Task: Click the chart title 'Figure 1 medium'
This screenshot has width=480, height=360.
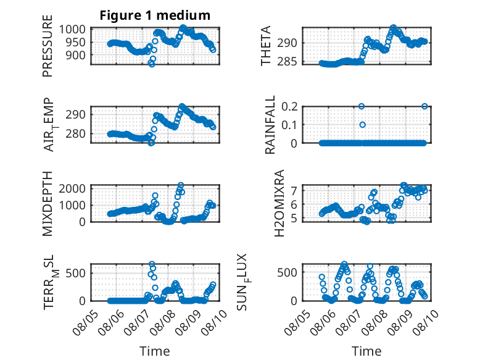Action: click(x=155, y=15)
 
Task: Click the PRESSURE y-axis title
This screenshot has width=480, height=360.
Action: click(x=48, y=46)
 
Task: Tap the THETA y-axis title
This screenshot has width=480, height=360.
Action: click(x=266, y=46)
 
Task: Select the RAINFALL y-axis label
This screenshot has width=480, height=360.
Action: click(x=270, y=125)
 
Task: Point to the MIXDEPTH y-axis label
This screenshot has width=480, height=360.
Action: click(x=48, y=204)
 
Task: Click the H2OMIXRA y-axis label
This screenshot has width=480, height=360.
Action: click(x=279, y=203)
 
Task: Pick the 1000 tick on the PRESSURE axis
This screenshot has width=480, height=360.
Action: click(x=72, y=30)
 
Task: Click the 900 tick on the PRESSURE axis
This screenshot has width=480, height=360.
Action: click(x=75, y=56)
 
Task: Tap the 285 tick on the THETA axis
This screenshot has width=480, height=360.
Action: click(x=287, y=62)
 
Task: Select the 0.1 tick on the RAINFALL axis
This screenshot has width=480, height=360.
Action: click(x=289, y=125)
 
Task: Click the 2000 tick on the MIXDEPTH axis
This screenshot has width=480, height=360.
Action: click(x=72, y=188)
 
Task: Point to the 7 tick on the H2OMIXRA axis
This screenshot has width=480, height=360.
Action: click(x=294, y=191)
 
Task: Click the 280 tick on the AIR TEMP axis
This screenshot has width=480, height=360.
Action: click(x=75, y=134)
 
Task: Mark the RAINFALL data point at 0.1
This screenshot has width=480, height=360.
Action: click(x=362, y=125)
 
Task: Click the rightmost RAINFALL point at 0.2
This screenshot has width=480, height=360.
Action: click(x=424, y=106)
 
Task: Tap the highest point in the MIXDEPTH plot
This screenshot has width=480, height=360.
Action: click(x=181, y=185)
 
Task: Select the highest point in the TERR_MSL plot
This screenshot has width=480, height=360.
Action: click(x=152, y=264)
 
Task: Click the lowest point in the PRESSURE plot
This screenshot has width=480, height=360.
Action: click(x=152, y=64)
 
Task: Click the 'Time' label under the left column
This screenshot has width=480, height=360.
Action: click(x=155, y=351)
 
